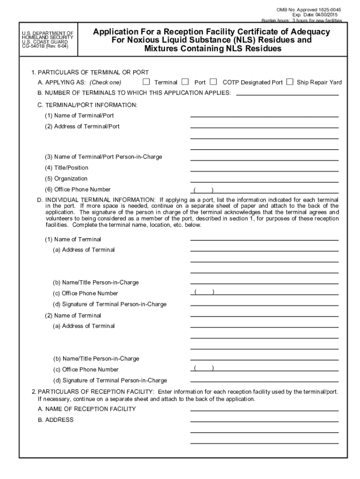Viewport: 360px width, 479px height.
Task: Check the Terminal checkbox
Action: point(146,82)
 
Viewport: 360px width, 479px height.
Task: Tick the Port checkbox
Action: point(186,82)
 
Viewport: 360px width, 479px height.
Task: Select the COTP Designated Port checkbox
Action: point(214,82)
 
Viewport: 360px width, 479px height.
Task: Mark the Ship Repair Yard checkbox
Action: point(290,82)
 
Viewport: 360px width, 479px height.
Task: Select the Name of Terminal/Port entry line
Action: point(264,116)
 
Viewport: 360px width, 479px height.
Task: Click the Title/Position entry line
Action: point(264,171)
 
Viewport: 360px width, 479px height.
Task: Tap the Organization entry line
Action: point(264,181)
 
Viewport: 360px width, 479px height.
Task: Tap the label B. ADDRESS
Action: point(56,420)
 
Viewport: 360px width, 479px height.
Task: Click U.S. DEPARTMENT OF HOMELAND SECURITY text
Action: point(48,36)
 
